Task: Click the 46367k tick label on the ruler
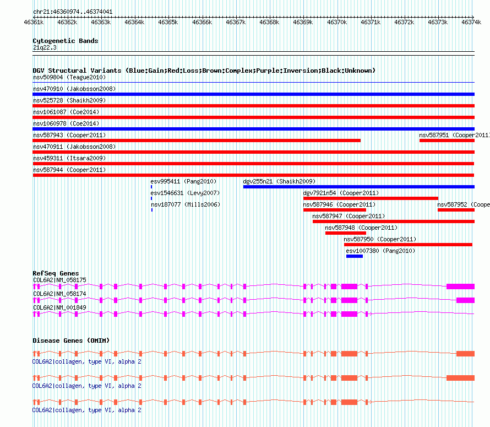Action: [x=236, y=22]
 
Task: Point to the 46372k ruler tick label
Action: [x=405, y=22]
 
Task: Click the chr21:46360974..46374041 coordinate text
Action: [x=73, y=12]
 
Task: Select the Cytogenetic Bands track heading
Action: [x=65, y=41]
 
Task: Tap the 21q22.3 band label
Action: [x=45, y=47]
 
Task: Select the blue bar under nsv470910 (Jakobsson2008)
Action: [x=253, y=94]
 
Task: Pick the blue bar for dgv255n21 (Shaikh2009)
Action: [x=358, y=187]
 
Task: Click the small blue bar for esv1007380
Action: [x=354, y=256]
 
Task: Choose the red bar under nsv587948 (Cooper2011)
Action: [x=345, y=233]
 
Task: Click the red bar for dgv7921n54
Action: [x=371, y=198]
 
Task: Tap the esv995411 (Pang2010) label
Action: [x=183, y=181]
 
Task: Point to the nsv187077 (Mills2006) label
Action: [x=186, y=204]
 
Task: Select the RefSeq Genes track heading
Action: [x=56, y=273]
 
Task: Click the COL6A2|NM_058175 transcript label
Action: [x=59, y=280]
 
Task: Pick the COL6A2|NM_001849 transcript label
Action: [x=59, y=307]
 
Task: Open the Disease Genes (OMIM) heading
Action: [x=71, y=340]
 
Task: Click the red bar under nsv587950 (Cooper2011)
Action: [x=408, y=245]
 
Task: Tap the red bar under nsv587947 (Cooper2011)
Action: [x=393, y=221]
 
